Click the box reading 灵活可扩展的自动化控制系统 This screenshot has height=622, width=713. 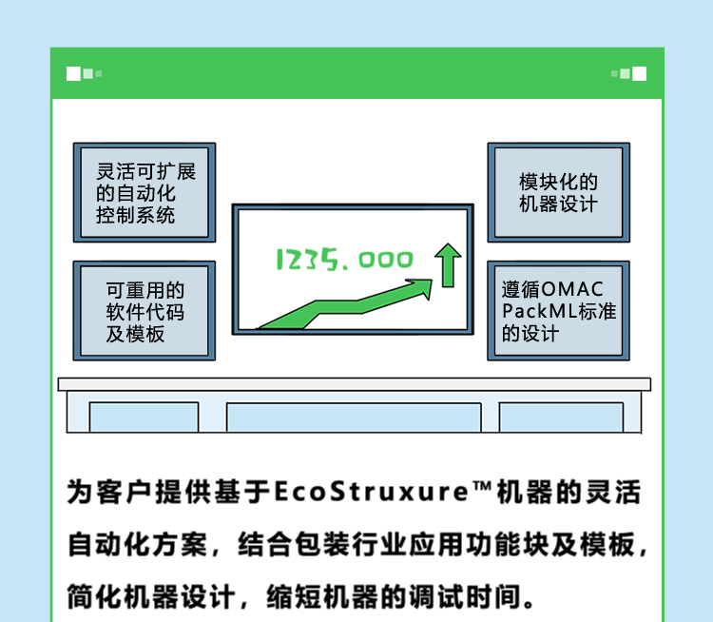144,193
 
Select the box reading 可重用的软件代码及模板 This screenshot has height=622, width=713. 144,312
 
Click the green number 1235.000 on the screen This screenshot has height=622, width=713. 344,259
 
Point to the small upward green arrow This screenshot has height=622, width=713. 447,265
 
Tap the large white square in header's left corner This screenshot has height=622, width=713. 74,73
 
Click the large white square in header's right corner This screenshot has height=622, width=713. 639,73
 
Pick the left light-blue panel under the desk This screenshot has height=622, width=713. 144,417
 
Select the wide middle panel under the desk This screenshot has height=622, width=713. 354,418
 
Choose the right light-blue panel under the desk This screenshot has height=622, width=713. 561,417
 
